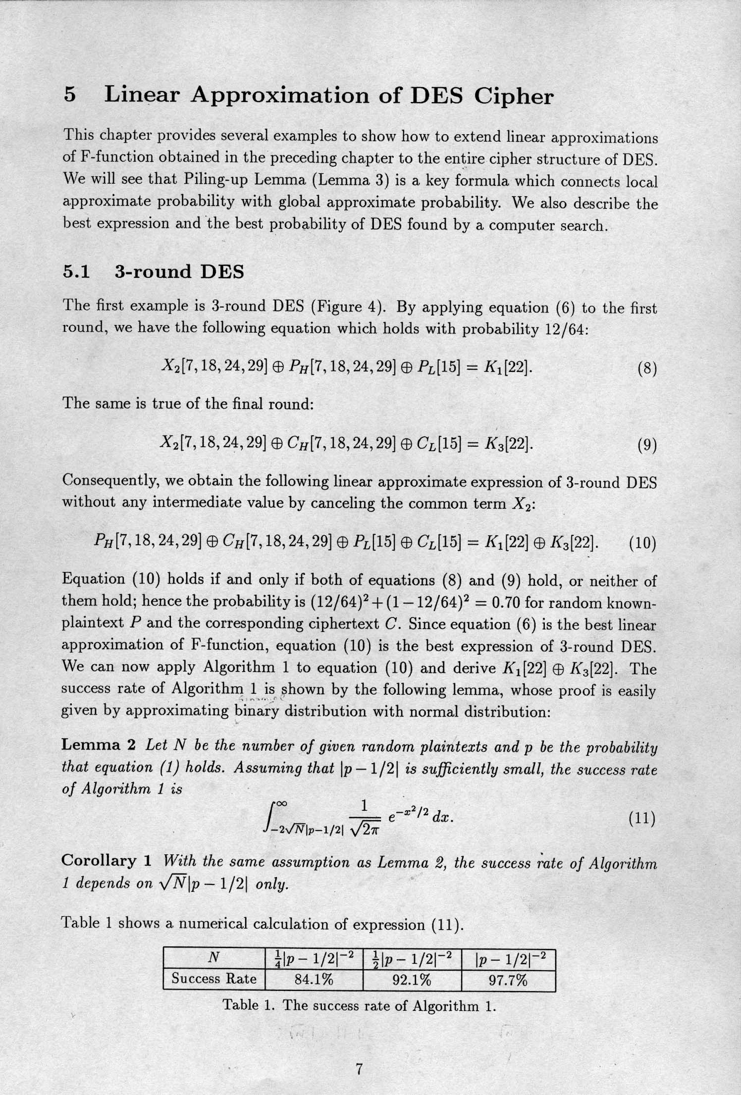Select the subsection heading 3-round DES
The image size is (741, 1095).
tap(179, 271)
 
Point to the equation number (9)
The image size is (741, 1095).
tap(646, 446)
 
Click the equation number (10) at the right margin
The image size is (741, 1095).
tap(642, 544)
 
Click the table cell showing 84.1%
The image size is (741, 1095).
tap(314, 980)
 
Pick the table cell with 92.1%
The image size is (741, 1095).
tap(412, 980)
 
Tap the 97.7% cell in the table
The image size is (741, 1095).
tap(508, 980)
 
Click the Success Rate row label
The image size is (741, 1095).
tap(214, 979)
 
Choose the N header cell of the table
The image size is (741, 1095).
tap(213, 958)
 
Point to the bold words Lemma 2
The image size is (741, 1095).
tap(98, 745)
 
